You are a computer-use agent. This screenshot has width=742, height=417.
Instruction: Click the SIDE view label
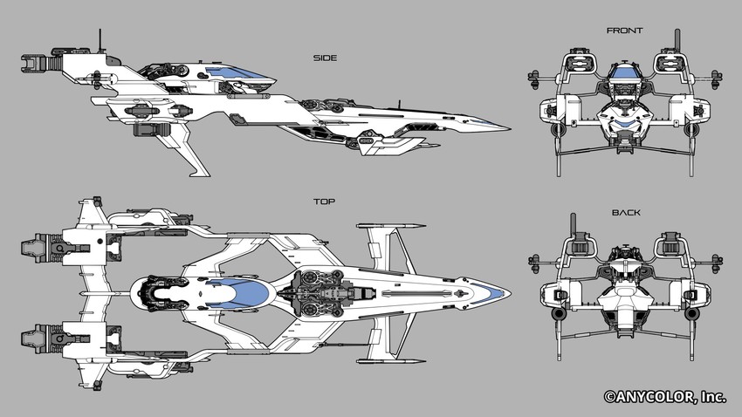pyautogui.click(x=325, y=58)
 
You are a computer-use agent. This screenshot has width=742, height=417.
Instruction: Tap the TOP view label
pyautogui.click(x=324, y=202)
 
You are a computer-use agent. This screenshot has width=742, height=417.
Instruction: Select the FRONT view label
pyautogui.click(x=625, y=31)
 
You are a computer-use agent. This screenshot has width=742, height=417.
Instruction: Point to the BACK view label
pyautogui.click(x=626, y=213)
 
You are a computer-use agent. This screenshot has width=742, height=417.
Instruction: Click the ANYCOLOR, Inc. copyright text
pyautogui.click(x=665, y=397)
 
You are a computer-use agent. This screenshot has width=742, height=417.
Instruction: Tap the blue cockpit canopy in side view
pyautogui.click(x=237, y=72)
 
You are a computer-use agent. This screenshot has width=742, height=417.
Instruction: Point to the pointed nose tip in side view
pyautogui.click(x=509, y=128)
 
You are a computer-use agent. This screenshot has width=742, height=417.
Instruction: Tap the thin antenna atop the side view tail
pyautogui.click(x=100, y=41)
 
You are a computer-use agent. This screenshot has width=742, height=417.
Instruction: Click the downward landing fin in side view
pyautogui.click(x=184, y=151)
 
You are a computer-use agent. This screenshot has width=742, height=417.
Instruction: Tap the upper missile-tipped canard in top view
pyautogui.click(x=390, y=227)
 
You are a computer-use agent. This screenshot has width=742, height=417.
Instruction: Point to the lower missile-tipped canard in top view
pyautogui.click(x=391, y=362)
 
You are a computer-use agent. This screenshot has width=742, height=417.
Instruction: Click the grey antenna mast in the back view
pyautogui.click(x=574, y=222)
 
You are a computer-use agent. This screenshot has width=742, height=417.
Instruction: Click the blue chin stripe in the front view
pyautogui.click(x=626, y=125)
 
